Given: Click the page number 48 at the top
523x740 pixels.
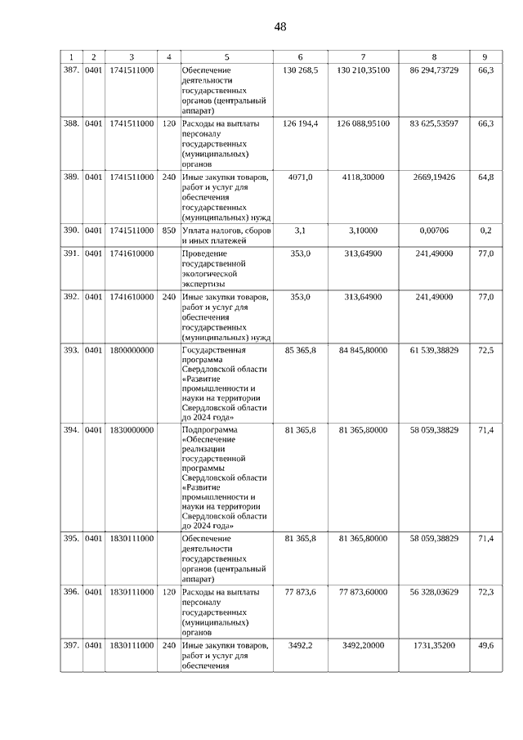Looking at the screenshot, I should click(x=280, y=27).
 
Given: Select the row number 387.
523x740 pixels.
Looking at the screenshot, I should click(x=71, y=71).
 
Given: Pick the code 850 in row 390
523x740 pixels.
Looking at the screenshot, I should click(x=168, y=231).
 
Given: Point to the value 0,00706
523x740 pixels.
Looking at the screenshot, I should click(x=433, y=231).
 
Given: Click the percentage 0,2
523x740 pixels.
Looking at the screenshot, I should click(x=486, y=231).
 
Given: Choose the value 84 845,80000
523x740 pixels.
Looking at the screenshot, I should click(x=362, y=350).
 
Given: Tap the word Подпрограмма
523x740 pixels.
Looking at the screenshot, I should click(x=211, y=429).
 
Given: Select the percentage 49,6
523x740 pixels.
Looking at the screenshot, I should click(x=486, y=645).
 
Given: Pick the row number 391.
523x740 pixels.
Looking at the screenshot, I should click(x=71, y=253).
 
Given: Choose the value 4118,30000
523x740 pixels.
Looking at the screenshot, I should click(x=362, y=177).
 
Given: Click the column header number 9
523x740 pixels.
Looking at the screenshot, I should click(x=485, y=56).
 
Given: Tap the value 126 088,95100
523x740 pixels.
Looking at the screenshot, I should click(x=362, y=123).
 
